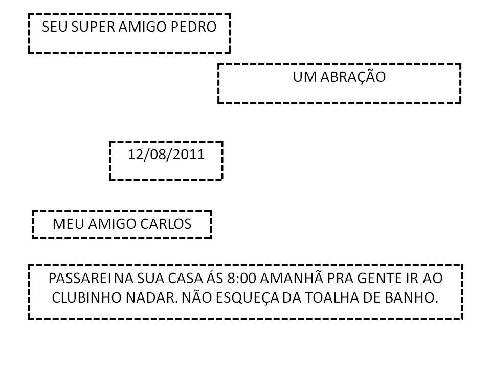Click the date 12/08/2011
(166, 154)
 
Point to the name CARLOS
(166, 224)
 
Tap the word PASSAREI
(79, 278)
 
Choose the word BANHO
(411, 297)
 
